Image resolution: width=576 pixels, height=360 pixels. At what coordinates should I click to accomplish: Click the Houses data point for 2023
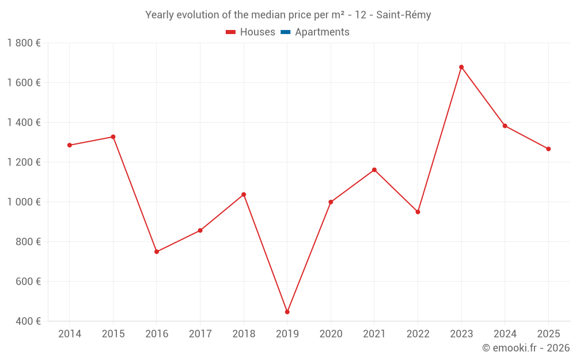coord(461,67)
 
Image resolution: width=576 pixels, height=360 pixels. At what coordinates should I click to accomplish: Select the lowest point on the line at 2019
coord(287,312)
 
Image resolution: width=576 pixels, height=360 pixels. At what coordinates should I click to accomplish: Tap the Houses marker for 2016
coord(157,252)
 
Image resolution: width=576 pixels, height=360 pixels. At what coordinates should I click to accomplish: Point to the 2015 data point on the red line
coord(113,137)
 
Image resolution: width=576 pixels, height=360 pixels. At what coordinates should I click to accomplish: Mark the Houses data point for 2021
coord(374,170)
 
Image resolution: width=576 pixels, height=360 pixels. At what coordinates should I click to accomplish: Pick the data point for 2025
coord(548,149)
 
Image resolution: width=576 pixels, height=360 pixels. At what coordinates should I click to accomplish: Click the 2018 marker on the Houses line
coord(244,194)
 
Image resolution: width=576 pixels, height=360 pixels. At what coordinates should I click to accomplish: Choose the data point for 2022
coord(418,212)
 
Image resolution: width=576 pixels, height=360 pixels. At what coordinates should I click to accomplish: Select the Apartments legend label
coord(322,32)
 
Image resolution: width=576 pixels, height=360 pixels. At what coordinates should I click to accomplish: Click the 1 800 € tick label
coord(24,43)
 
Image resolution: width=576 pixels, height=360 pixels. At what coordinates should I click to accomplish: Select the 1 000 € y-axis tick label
coord(24,202)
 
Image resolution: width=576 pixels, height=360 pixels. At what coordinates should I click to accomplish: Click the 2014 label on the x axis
coord(70,334)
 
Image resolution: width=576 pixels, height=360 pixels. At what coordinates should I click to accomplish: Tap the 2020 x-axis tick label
coord(331,334)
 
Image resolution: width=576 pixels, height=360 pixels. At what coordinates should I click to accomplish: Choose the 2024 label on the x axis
coord(505,334)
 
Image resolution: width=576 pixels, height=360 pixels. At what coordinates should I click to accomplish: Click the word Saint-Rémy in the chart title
coord(403,15)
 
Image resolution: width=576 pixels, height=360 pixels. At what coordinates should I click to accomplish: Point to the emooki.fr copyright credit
coord(526,348)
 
